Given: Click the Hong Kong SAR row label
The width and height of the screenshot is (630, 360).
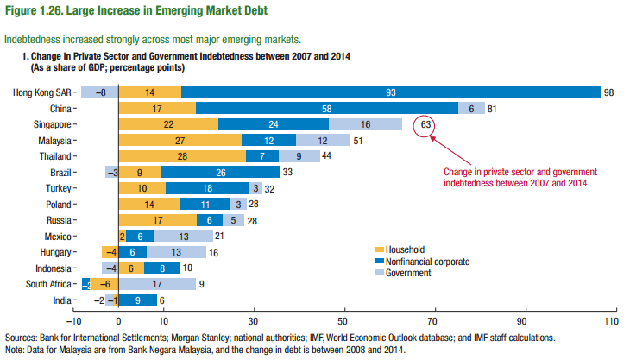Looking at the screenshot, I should (43, 92).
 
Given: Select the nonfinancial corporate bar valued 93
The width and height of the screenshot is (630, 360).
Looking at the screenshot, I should (391, 92).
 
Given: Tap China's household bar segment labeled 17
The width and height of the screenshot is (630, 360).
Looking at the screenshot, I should (156, 108).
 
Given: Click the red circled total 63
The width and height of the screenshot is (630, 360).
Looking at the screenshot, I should (425, 124).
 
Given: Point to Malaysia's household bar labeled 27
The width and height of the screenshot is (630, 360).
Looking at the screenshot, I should (179, 140).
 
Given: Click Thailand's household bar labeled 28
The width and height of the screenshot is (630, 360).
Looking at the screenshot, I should (181, 155).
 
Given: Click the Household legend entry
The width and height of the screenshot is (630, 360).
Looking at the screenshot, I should (399, 249).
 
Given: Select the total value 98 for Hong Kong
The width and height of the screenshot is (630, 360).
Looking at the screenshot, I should (608, 92).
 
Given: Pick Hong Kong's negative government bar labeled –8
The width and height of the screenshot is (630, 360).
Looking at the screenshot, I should (100, 92).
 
